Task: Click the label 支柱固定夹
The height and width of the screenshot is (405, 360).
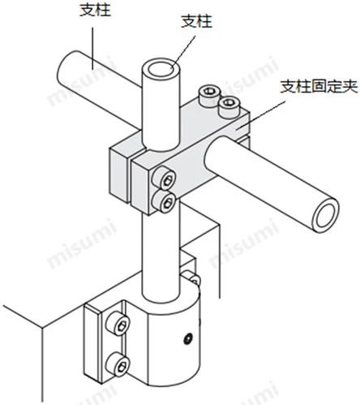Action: click(x=319, y=87)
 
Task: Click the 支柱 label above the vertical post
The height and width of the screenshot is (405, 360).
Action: click(x=196, y=21)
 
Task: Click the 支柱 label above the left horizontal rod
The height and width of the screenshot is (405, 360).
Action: click(x=95, y=10)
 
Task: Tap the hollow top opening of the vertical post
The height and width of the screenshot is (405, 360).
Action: click(x=161, y=68)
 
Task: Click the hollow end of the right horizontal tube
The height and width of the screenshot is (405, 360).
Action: click(x=325, y=215)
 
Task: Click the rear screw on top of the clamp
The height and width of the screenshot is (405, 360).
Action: click(x=208, y=95)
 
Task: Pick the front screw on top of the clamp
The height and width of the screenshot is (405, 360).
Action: click(x=229, y=106)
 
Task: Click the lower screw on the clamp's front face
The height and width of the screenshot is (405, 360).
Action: click(x=164, y=201)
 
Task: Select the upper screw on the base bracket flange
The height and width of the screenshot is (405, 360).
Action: click(x=118, y=324)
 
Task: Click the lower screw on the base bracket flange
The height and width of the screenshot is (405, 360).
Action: click(x=118, y=364)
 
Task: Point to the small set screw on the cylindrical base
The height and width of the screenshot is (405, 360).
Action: click(x=188, y=338)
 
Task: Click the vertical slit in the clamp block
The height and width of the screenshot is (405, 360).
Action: click(x=129, y=179)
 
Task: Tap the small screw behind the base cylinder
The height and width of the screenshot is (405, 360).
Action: click(x=191, y=278)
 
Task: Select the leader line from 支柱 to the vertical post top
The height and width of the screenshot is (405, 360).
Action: click(x=184, y=52)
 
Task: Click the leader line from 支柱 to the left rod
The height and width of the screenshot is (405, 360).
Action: click(x=92, y=49)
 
